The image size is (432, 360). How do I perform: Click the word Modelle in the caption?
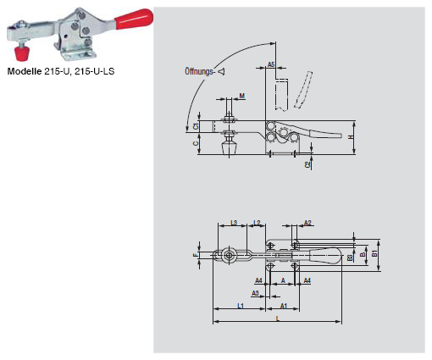coord(25,71)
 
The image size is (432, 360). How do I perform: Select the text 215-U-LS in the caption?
coord(95,71)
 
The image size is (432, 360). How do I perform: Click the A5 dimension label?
coord(271,64)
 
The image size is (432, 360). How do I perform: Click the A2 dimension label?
coord(308,223)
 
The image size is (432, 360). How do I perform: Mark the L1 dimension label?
coord(241,305)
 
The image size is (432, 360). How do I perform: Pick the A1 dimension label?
coord(284,305)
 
